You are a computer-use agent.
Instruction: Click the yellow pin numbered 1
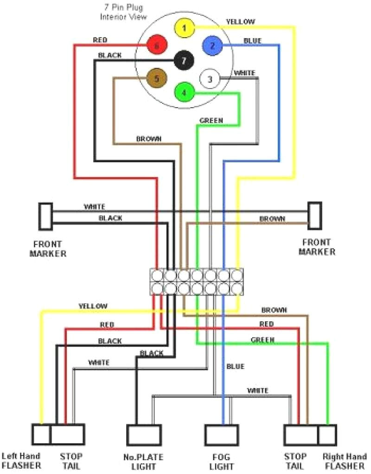click(x=184, y=29)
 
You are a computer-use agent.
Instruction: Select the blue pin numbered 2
click(x=212, y=45)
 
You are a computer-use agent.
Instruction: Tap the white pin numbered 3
click(x=210, y=79)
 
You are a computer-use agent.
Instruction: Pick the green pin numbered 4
click(x=184, y=92)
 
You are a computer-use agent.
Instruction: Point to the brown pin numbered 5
click(x=157, y=79)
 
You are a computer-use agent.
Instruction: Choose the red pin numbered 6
click(x=157, y=46)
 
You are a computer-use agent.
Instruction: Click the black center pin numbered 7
click(x=184, y=60)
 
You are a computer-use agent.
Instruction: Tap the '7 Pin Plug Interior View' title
click(x=124, y=13)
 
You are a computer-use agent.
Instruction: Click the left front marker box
click(x=45, y=216)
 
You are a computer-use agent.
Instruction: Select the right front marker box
click(x=315, y=216)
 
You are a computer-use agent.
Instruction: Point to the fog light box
click(x=222, y=435)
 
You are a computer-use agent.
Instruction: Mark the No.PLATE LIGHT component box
click(x=144, y=435)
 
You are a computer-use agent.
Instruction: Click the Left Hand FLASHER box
click(x=41, y=435)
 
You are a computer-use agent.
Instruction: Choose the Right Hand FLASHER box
click(x=327, y=435)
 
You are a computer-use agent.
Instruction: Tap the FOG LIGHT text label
click(x=221, y=461)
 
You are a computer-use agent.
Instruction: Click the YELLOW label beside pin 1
click(x=241, y=21)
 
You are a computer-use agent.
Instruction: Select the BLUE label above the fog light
click(x=235, y=366)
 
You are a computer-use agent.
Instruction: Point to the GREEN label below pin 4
click(x=211, y=121)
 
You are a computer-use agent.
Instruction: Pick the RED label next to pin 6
click(x=100, y=40)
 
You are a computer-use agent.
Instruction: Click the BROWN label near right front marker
click(x=272, y=219)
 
